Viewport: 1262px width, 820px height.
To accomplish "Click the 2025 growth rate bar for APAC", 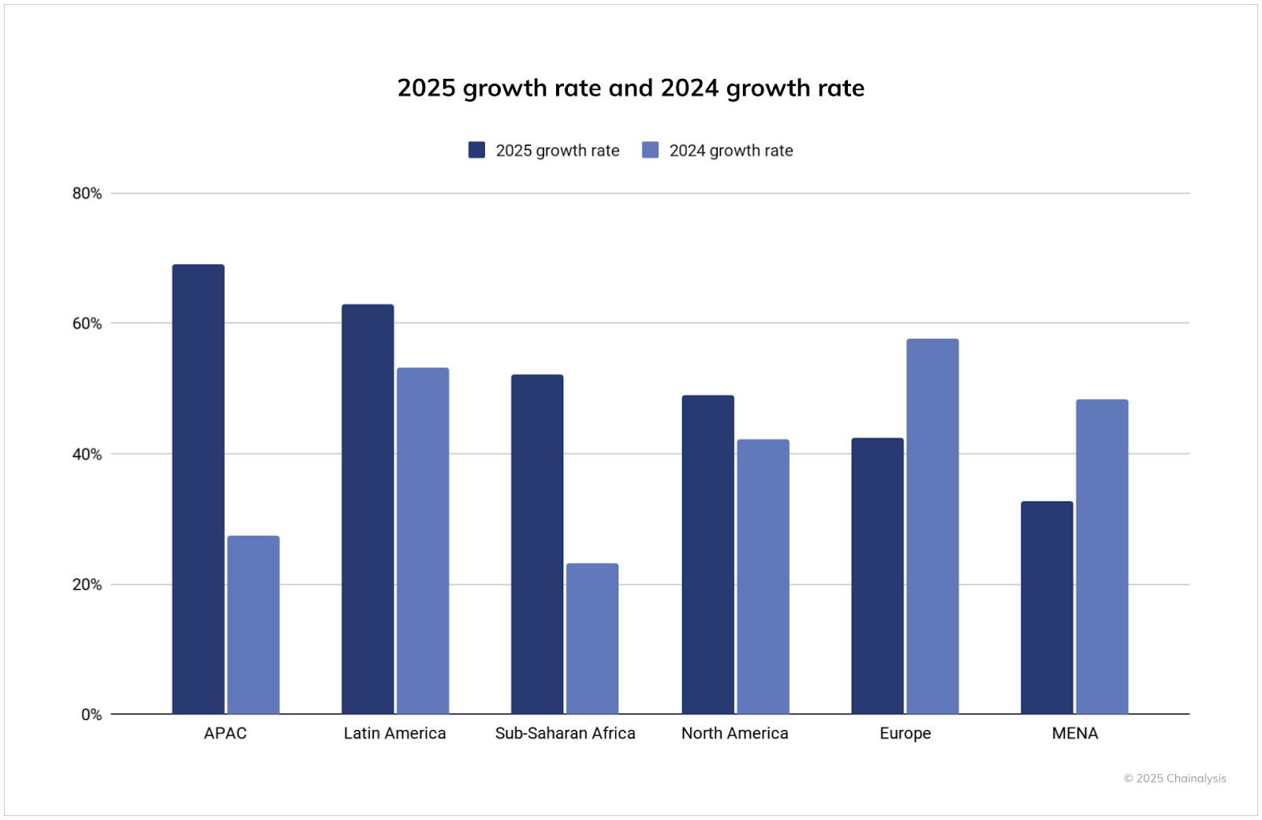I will click(x=198, y=489).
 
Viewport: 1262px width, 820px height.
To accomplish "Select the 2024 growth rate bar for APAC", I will click(x=253, y=624).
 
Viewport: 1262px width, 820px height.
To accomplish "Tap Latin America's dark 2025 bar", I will click(x=368, y=509).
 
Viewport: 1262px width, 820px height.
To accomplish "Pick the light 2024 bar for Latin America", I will click(x=423, y=541).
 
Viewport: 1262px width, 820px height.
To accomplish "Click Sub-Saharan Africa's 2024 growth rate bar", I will click(x=592, y=639).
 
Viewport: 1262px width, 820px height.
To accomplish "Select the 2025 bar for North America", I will click(x=708, y=554).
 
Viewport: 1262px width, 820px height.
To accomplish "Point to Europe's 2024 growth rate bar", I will click(x=932, y=526).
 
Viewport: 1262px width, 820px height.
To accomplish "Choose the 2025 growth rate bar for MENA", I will click(x=1047, y=607).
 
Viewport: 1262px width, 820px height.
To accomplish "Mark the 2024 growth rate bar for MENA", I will click(x=1102, y=557).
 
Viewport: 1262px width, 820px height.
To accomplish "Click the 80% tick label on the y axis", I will click(x=87, y=193).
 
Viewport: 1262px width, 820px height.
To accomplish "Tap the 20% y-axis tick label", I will click(x=87, y=584).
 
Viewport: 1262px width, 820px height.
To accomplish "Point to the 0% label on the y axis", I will click(x=91, y=714).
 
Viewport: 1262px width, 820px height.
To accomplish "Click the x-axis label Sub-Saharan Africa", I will click(x=565, y=733).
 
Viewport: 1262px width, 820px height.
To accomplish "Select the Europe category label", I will click(x=905, y=733).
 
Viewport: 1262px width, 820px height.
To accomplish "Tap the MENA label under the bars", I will click(x=1074, y=733).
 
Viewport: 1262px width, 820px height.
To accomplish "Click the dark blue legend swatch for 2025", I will click(x=476, y=150).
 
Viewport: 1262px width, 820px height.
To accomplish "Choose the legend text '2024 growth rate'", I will click(x=730, y=151).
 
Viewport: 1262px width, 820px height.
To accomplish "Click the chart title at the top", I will click(x=630, y=88).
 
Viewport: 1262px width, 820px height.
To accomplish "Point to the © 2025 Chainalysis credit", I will click(x=1174, y=778).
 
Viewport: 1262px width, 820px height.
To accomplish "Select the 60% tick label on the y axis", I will click(x=87, y=323).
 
